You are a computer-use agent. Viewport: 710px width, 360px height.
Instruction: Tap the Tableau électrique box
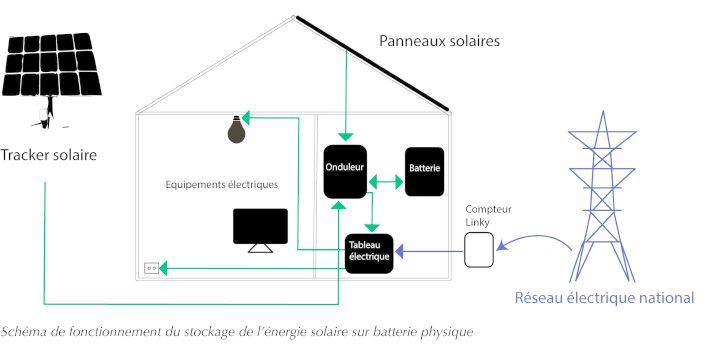click(x=368, y=253)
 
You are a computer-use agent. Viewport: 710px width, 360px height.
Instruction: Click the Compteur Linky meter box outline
click(x=479, y=249)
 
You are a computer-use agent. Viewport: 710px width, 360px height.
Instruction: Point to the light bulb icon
click(x=235, y=129)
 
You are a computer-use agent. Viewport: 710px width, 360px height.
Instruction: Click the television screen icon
click(x=260, y=228)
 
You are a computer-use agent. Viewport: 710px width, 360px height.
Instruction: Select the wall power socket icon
click(x=153, y=268)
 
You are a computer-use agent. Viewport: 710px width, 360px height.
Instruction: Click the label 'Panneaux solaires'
click(x=439, y=41)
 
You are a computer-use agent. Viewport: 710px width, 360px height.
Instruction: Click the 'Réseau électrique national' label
click(x=604, y=298)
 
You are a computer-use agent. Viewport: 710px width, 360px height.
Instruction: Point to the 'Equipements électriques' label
click(x=222, y=185)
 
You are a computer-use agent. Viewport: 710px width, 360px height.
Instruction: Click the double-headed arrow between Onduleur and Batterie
click(x=384, y=181)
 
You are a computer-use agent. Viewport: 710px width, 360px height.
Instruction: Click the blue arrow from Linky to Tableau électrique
click(x=429, y=253)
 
